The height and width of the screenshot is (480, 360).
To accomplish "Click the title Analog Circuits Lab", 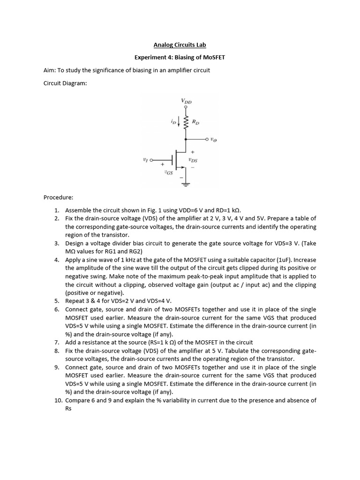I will point(180,45).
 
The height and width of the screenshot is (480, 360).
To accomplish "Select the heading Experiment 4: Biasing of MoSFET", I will point(180,58).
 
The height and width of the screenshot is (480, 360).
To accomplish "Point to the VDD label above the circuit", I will point(186,101).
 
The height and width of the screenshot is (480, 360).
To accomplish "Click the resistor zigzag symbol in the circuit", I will point(186,124).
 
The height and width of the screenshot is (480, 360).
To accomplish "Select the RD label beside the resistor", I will point(196,123).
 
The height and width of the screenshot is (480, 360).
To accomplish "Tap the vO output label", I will point(213,139).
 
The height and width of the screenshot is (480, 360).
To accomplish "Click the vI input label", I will point(145,160).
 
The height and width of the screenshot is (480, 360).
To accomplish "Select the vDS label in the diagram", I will point(192,160).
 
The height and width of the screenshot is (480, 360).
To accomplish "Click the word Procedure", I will point(58,197).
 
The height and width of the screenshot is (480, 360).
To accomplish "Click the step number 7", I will point(56,342).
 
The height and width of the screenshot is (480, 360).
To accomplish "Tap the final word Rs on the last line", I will point(68,408).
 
